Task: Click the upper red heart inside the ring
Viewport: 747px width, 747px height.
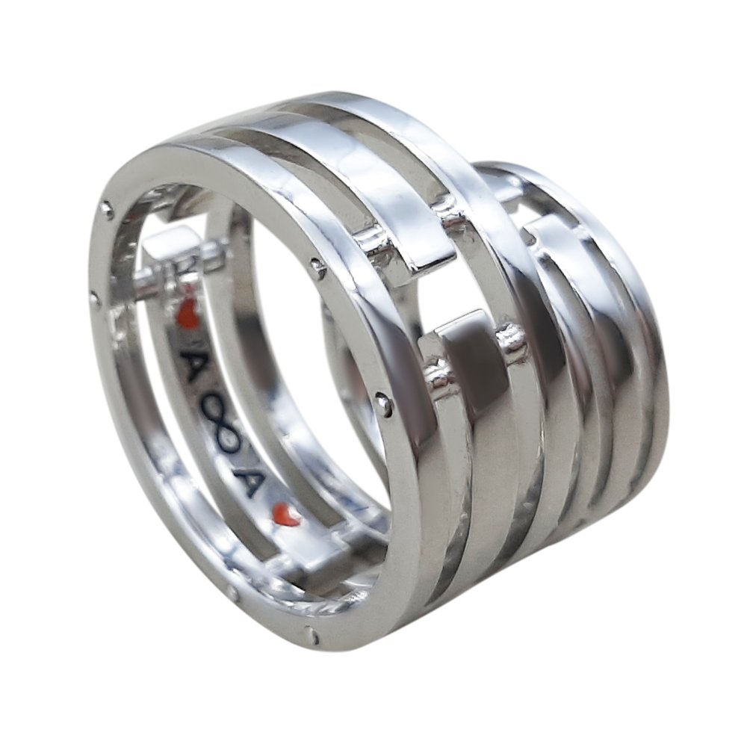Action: pos(188,315)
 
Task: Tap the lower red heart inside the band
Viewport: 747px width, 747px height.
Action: pos(286,515)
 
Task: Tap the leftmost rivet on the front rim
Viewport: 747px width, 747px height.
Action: pos(95,300)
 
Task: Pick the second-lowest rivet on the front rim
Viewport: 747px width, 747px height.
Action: pos(232,595)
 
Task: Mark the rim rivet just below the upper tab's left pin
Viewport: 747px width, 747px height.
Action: pos(319,266)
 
